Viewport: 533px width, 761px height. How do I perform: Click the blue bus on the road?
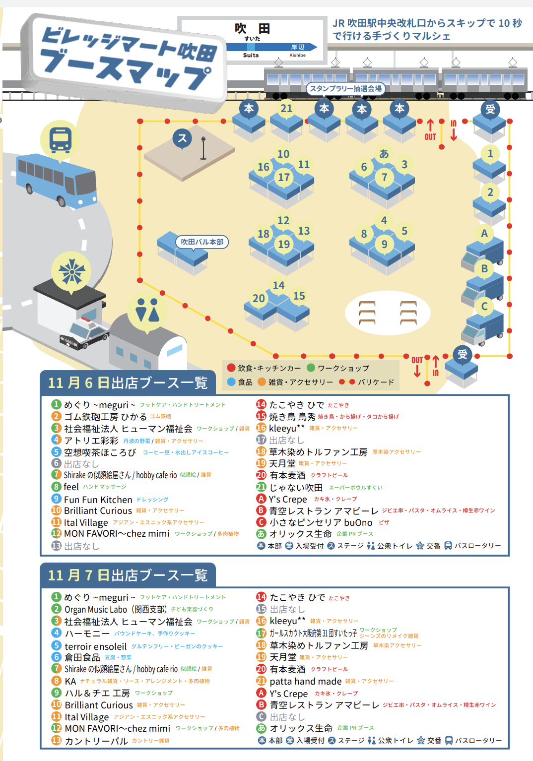(57, 181)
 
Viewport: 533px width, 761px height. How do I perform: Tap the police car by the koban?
(85, 333)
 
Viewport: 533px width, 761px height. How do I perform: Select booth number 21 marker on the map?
(286, 109)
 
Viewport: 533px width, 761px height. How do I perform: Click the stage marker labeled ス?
(182, 138)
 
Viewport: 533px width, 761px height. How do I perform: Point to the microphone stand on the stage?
(203, 148)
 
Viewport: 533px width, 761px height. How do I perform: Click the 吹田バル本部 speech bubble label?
(202, 242)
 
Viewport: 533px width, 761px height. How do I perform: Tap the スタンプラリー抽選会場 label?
(346, 89)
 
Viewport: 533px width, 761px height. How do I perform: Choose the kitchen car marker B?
(484, 269)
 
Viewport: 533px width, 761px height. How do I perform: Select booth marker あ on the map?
(384, 154)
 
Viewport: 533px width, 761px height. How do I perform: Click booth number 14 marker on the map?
(279, 285)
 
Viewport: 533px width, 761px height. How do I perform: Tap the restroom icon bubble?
(147, 310)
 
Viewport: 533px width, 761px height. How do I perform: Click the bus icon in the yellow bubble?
(60, 139)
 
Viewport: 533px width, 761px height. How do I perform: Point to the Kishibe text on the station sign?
(297, 55)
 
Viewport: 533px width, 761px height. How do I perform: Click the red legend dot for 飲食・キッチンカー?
(231, 368)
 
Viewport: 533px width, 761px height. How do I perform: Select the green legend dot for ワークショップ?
(311, 368)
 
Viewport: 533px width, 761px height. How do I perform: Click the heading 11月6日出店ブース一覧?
(128, 383)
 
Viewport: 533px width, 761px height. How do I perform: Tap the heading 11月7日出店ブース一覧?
(128, 575)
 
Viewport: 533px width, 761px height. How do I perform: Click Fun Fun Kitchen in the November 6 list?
(98, 500)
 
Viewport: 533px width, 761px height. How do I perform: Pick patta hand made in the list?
(306, 681)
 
